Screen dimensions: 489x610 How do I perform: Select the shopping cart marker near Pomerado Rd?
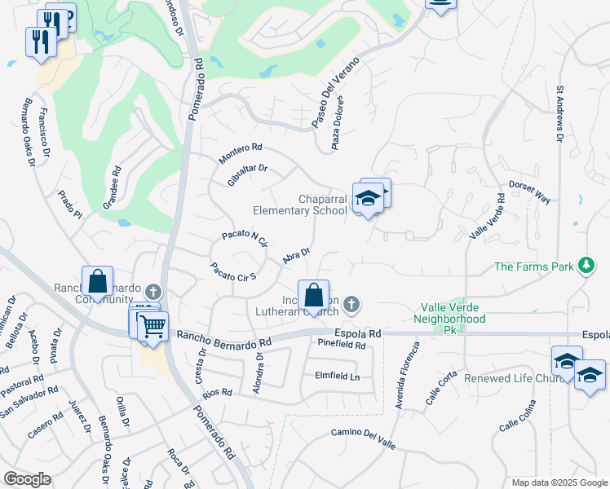(152, 326)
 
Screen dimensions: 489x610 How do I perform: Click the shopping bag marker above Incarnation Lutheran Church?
(312, 294)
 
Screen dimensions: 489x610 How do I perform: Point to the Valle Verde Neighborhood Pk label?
(453, 313)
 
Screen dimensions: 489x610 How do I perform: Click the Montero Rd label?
(241, 152)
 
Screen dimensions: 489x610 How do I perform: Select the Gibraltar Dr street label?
(248, 174)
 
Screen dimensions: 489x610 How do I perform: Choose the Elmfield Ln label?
(337, 376)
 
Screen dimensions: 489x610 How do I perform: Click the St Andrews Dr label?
(560, 112)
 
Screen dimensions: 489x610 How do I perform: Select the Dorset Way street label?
(530, 193)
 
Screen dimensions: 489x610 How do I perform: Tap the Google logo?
(27, 479)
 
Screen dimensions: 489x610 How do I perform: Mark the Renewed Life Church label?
(512, 379)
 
